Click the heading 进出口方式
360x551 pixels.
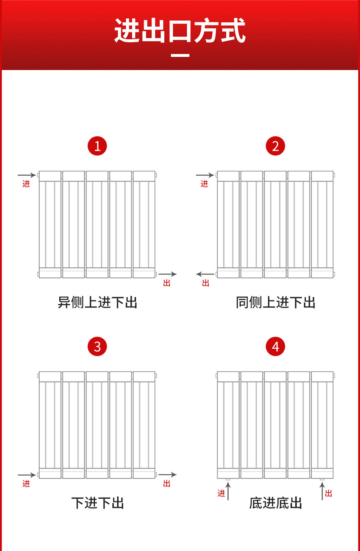[180, 31]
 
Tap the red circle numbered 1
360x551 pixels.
[97, 146]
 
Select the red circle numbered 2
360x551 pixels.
[275, 146]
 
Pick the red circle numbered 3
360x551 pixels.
[97, 347]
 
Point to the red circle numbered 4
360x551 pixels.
[275, 347]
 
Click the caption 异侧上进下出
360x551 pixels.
[97, 303]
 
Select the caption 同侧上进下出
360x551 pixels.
[275, 303]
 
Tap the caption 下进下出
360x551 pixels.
[97, 503]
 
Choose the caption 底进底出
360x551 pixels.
[275, 503]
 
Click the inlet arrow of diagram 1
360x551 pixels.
[27, 175]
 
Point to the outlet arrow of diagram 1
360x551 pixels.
[167, 274]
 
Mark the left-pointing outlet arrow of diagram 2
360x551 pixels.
[205, 274]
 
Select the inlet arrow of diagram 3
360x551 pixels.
[27, 475]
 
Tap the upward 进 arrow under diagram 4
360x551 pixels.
[228, 491]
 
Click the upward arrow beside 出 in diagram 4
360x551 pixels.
[322, 491]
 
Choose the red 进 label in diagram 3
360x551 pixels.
[26, 484]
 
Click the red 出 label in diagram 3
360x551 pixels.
[167, 484]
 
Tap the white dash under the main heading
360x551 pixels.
[180, 56]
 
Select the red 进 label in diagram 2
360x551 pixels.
[204, 184]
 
